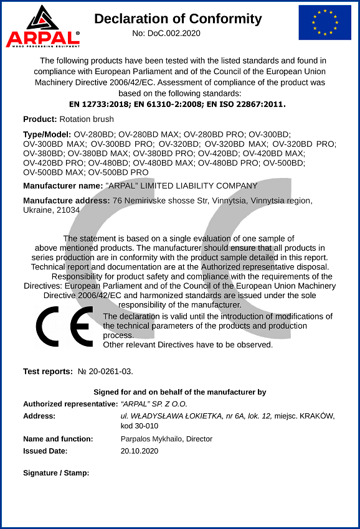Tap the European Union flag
coord(324,22)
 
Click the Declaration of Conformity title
coord(178,19)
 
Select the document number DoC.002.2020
coord(167,33)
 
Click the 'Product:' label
coord(40,119)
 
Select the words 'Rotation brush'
coord(87,119)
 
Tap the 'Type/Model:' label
coord(47,134)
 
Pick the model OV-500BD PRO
coord(118,172)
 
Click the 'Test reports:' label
coord(48,372)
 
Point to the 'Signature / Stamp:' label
coord(56,473)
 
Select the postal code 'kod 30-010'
coord(140,426)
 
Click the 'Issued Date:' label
coord(45,451)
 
